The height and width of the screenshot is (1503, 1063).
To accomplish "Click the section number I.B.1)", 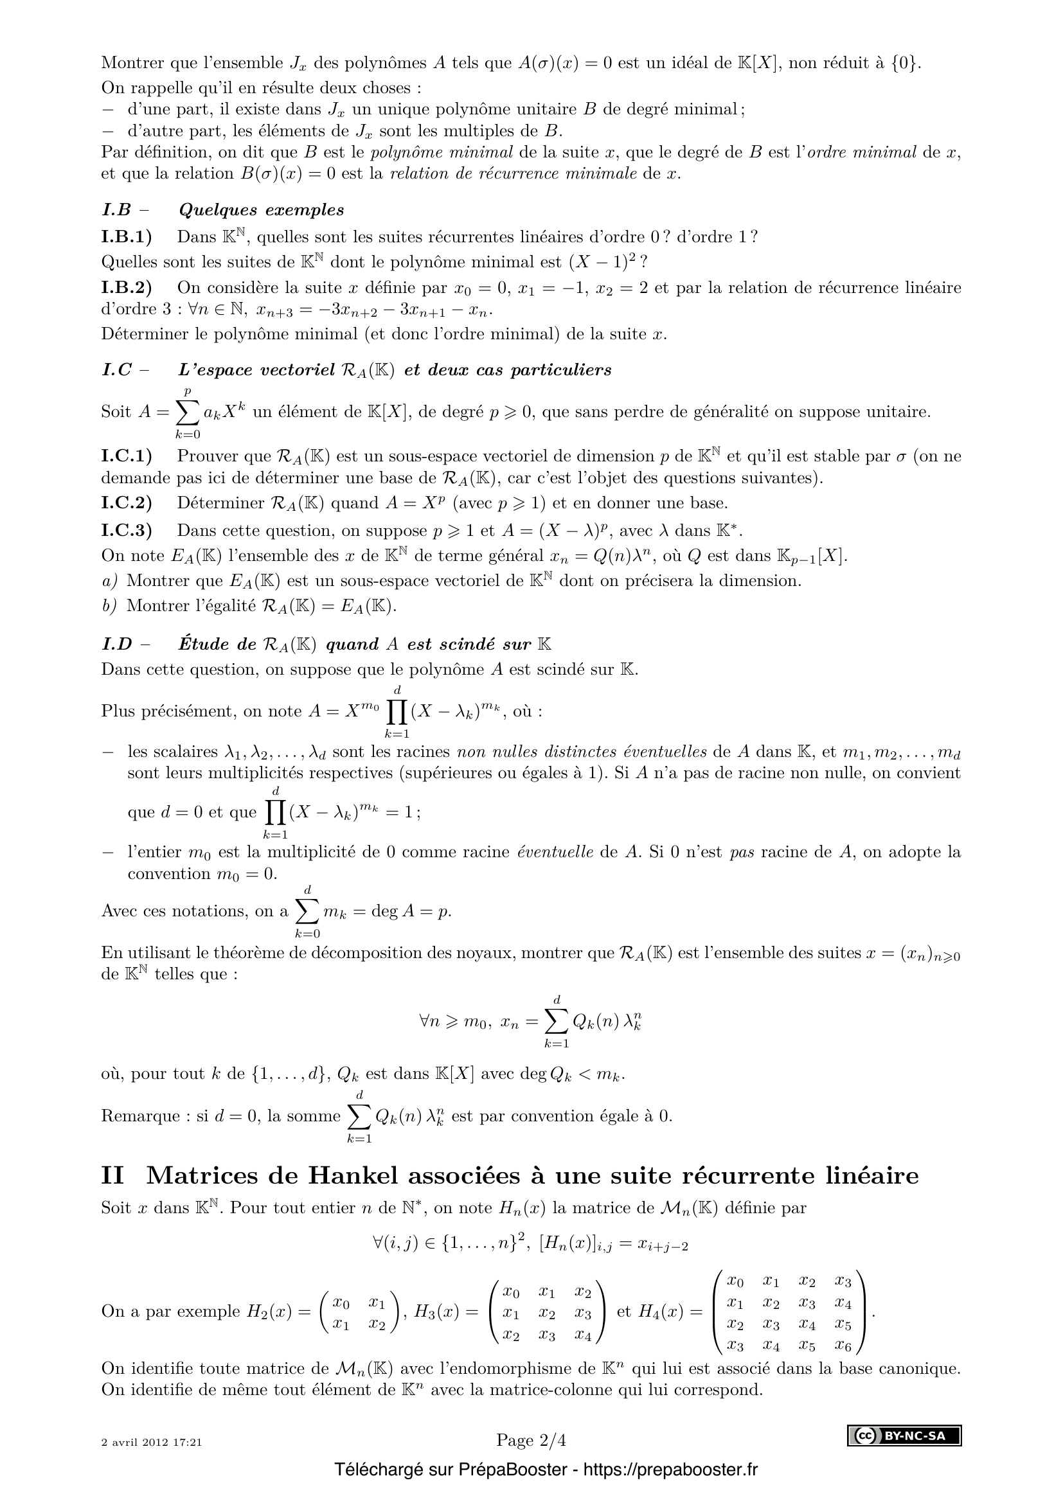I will click(127, 236).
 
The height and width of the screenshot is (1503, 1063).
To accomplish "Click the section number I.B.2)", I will click(127, 287).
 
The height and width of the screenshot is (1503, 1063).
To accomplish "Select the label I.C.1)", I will click(127, 456).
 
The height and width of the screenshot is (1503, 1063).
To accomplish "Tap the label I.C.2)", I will click(127, 502).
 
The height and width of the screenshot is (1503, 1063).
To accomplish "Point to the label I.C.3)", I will click(127, 529).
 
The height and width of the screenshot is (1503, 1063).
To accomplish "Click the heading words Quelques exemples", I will click(261, 210).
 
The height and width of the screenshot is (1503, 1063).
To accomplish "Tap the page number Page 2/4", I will click(531, 1435).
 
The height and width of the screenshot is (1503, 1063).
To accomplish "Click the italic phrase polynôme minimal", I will click(442, 152).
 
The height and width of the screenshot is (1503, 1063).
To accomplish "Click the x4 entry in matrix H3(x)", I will click(582, 1335).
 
